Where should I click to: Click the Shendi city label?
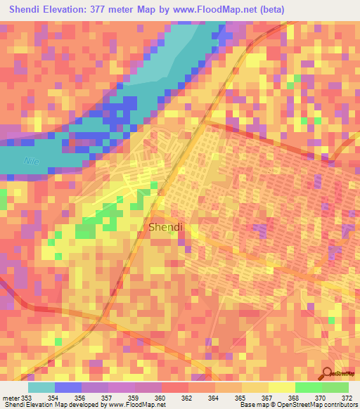click(x=166, y=227)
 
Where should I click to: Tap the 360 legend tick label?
click(x=148, y=398)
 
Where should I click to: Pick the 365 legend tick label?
click(x=229, y=398)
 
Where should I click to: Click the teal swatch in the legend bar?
click(x=41, y=387)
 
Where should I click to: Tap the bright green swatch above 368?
click(x=308, y=387)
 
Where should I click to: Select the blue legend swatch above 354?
click(x=68, y=387)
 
